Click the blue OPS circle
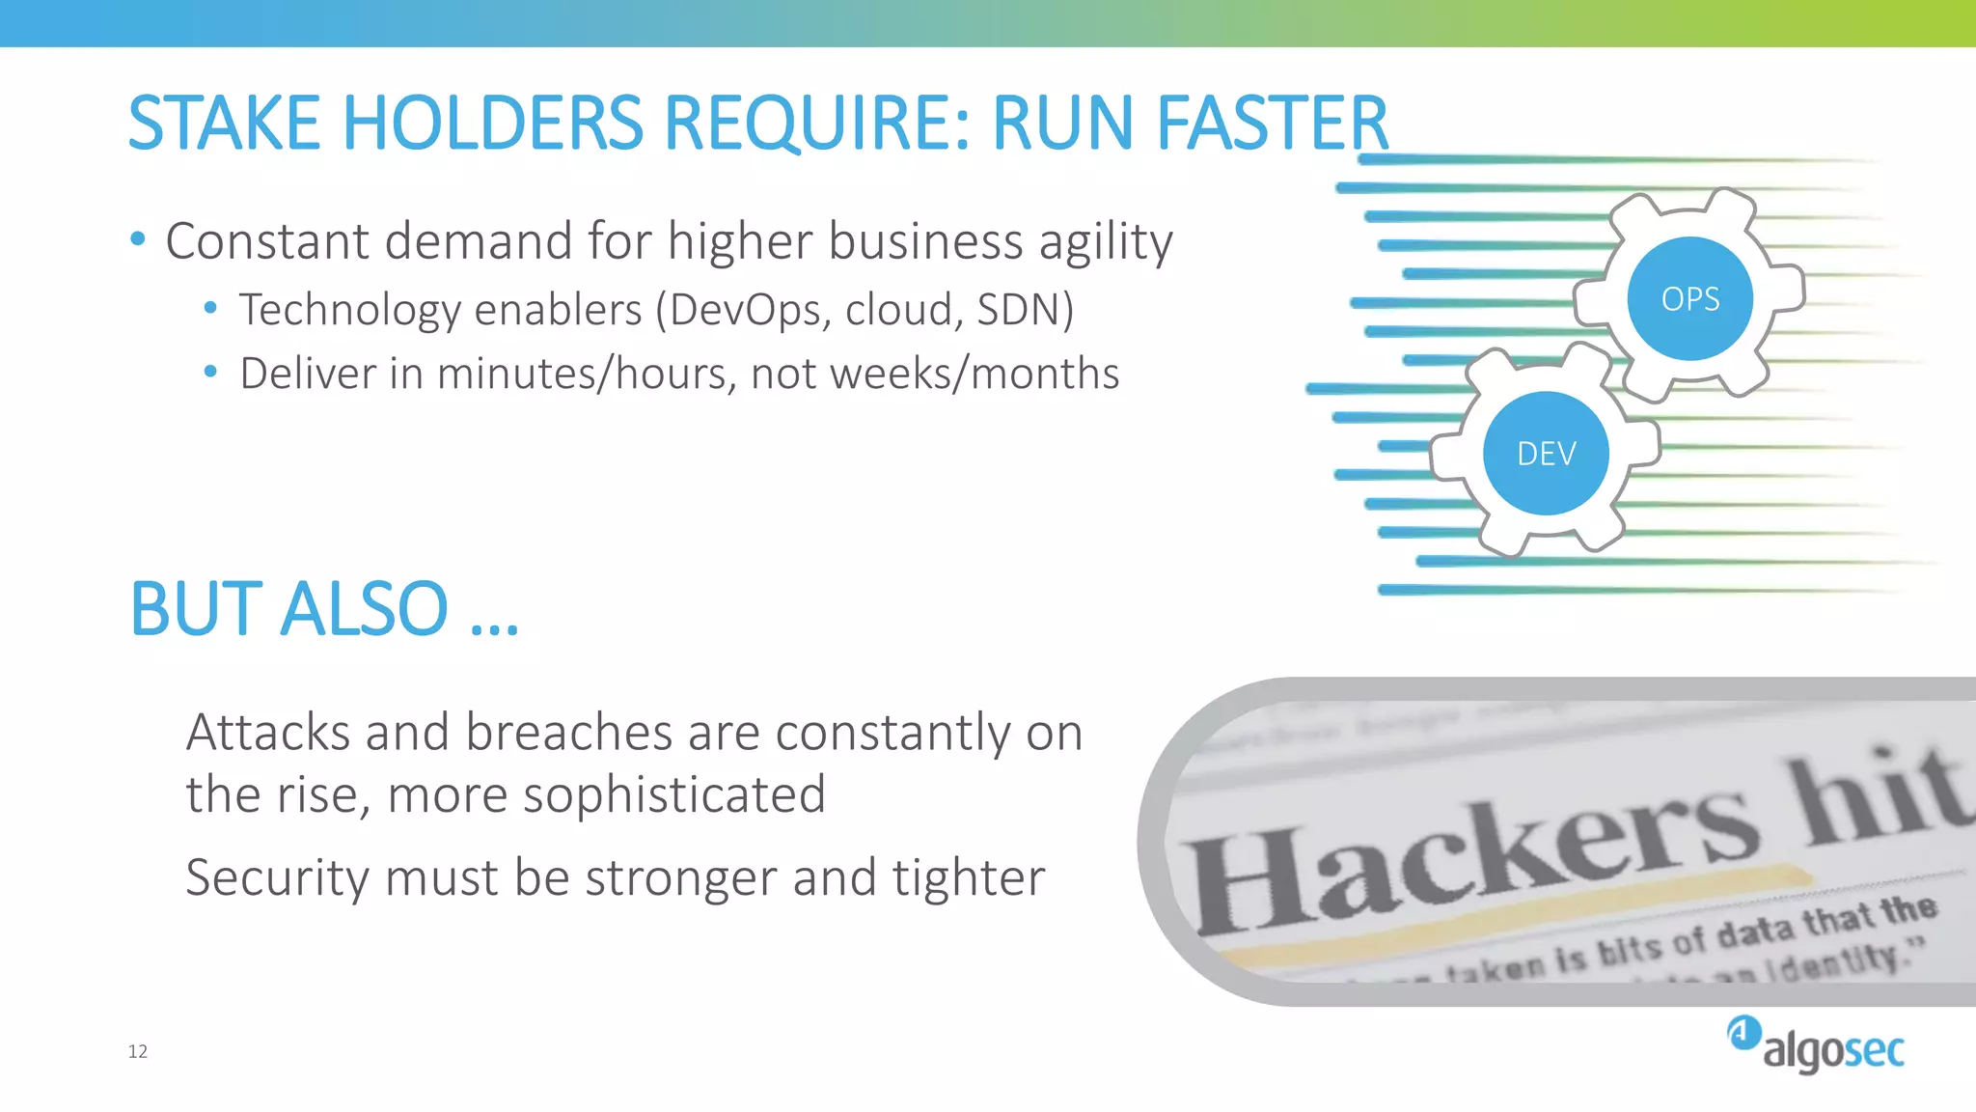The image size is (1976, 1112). tap(1689, 298)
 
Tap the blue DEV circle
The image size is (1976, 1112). tap(1546, 453)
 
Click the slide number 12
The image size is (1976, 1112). tap(138, 1051)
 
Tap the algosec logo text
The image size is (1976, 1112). tap(1833, 1050)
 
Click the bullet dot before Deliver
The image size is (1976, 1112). tap(210, 372)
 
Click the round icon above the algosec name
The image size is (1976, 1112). tap(1743, 1032)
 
